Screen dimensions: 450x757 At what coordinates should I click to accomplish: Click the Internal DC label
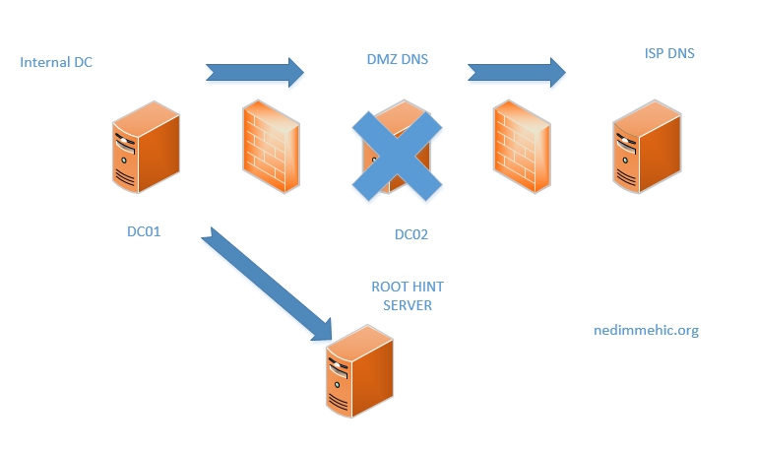[x=56, y=63]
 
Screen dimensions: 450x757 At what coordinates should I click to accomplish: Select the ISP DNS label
[x=662, y=53]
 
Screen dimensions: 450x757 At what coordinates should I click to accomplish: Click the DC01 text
[x=144, y=232]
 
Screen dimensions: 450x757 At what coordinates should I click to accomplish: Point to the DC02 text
[x=411, y=234]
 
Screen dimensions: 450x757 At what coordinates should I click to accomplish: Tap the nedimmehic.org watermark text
[x=647, y=331]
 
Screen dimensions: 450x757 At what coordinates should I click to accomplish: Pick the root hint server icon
[x=357, y=375]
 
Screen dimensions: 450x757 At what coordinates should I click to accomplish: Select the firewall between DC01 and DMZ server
[x=272, y=147]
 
